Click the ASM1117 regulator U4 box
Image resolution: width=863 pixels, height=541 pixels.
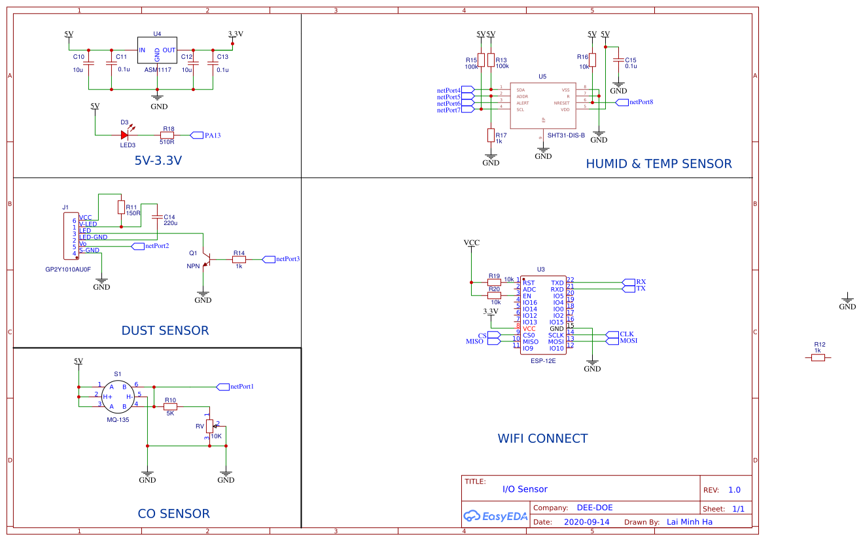(157, 50)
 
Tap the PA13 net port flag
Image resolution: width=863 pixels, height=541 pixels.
(197, 135)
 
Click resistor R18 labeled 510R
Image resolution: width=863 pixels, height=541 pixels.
(167, 135)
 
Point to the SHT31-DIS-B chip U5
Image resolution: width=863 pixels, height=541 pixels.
(542, 105)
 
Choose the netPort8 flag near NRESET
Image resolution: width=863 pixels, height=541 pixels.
(622, 102)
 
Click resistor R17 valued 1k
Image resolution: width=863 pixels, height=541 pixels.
(491, 135)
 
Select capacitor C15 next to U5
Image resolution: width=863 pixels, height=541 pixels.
(617, 61)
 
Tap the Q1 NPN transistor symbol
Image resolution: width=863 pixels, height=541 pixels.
(205, 260)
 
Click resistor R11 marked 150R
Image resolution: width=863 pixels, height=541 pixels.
(120, 207)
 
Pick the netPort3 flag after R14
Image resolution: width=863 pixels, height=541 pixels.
(269, 259)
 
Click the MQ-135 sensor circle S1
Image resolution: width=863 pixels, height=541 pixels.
(117, 396)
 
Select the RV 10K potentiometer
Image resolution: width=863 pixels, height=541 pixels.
(209, 427)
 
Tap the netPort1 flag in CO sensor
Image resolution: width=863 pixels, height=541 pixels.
(222, 386)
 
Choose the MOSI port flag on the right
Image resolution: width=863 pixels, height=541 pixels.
(612, 341)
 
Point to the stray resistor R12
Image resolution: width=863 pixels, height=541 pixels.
(818, 357)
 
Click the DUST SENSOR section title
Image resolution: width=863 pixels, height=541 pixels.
(165, 330)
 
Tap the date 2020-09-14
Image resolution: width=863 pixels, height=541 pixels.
(586, 522)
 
